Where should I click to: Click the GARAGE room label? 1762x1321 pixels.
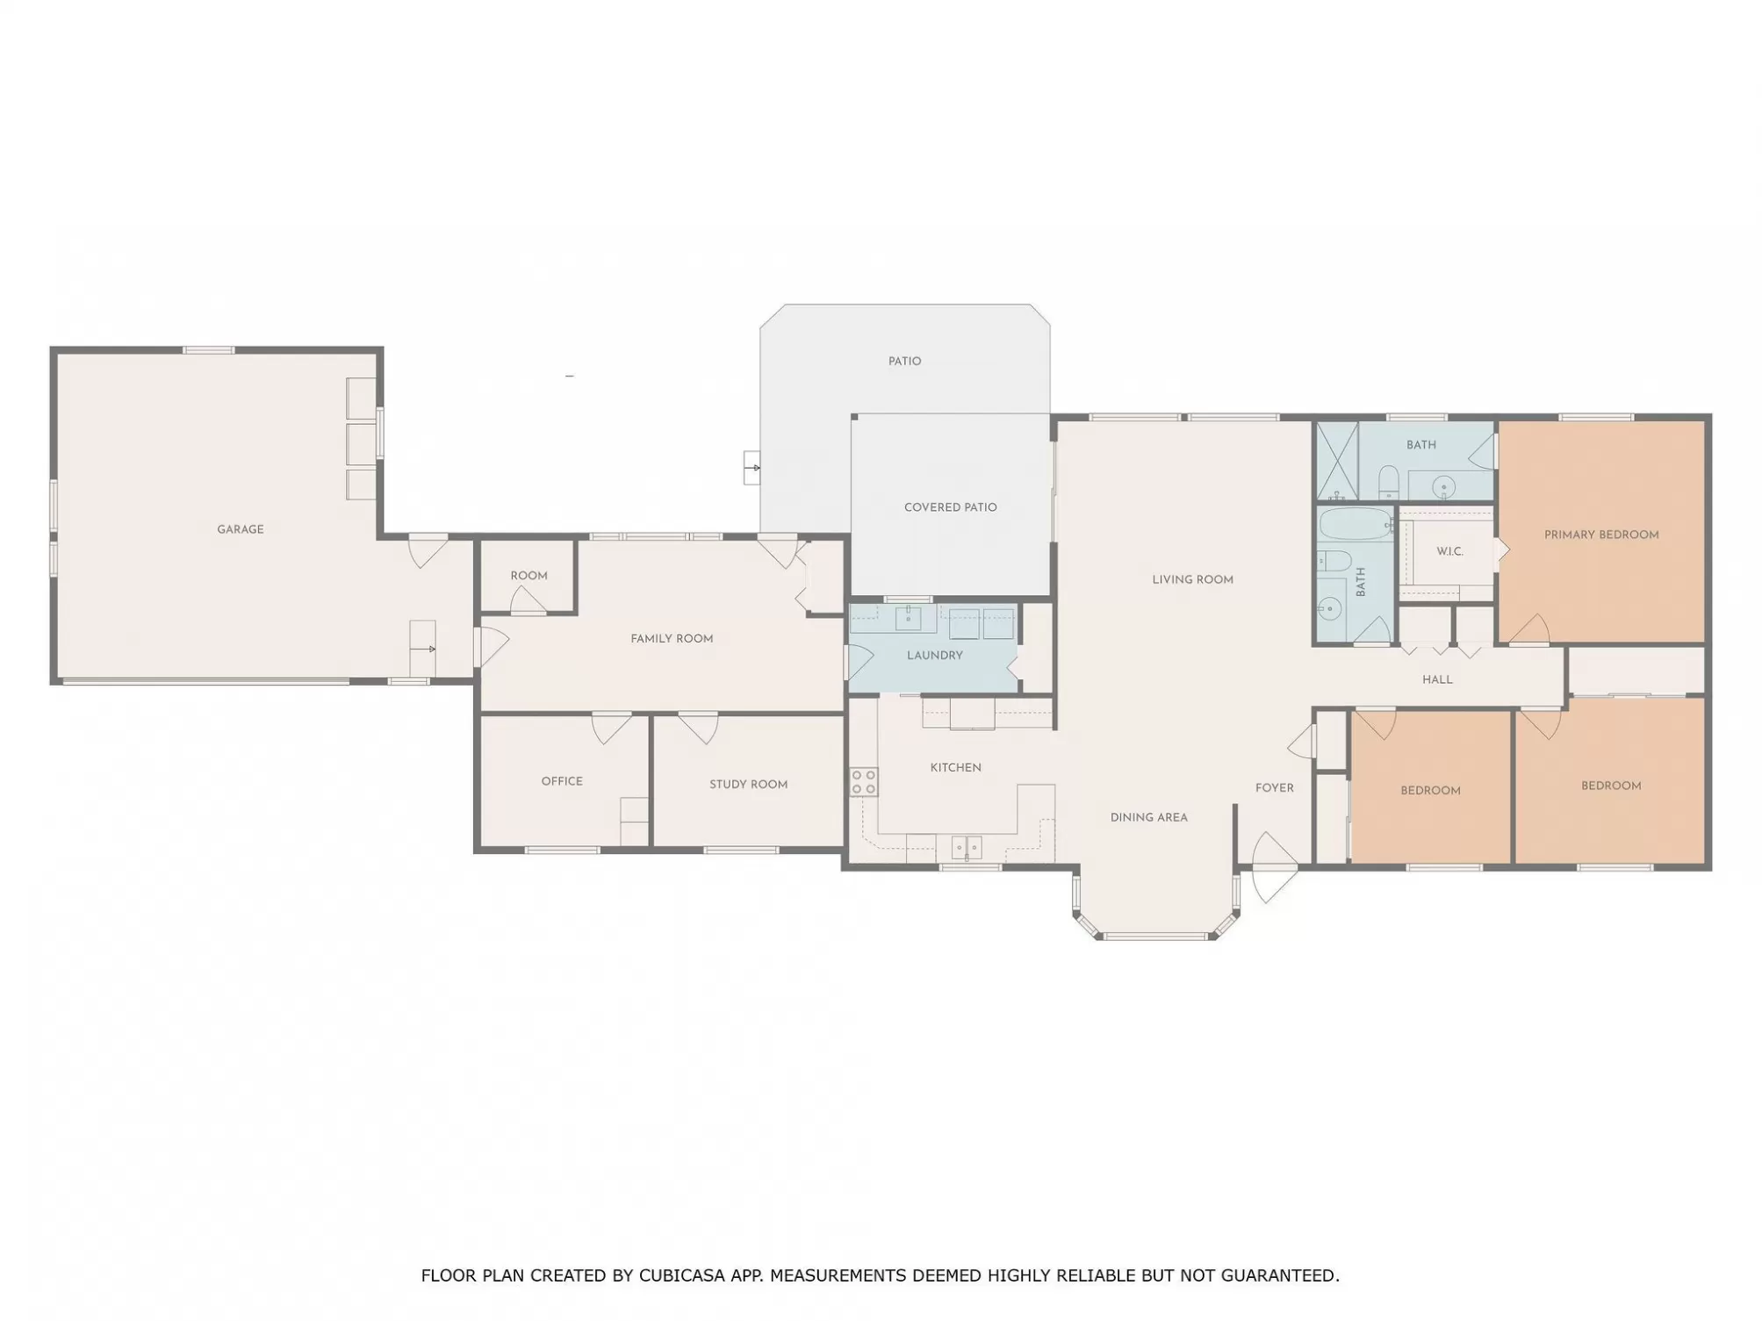coord(241,529)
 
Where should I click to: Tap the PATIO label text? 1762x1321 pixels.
coord(904,361)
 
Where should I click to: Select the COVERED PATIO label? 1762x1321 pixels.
coord(950,507)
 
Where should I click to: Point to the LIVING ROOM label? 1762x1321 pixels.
coord(1192,579)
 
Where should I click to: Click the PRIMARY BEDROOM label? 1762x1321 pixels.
coord(1601,535)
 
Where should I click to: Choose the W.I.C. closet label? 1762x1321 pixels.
coord(1449,551)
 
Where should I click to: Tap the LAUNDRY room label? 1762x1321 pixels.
coord(934,655)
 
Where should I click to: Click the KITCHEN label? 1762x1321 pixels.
coord(955,767)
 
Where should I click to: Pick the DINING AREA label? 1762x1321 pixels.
coord(1148,817)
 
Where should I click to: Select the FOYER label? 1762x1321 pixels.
coord(1274,788)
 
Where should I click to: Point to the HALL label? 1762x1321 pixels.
coord(1437,679)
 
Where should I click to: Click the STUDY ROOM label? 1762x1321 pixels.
coord(748,785)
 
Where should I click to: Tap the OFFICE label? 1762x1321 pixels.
coord(562,781)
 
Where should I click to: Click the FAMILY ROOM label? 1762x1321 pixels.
coord(672,639)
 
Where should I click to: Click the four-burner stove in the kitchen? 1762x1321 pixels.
coord(864,782)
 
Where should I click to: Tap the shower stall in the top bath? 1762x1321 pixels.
coord(1337,461)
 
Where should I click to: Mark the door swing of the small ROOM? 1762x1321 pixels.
coord(529,600)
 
